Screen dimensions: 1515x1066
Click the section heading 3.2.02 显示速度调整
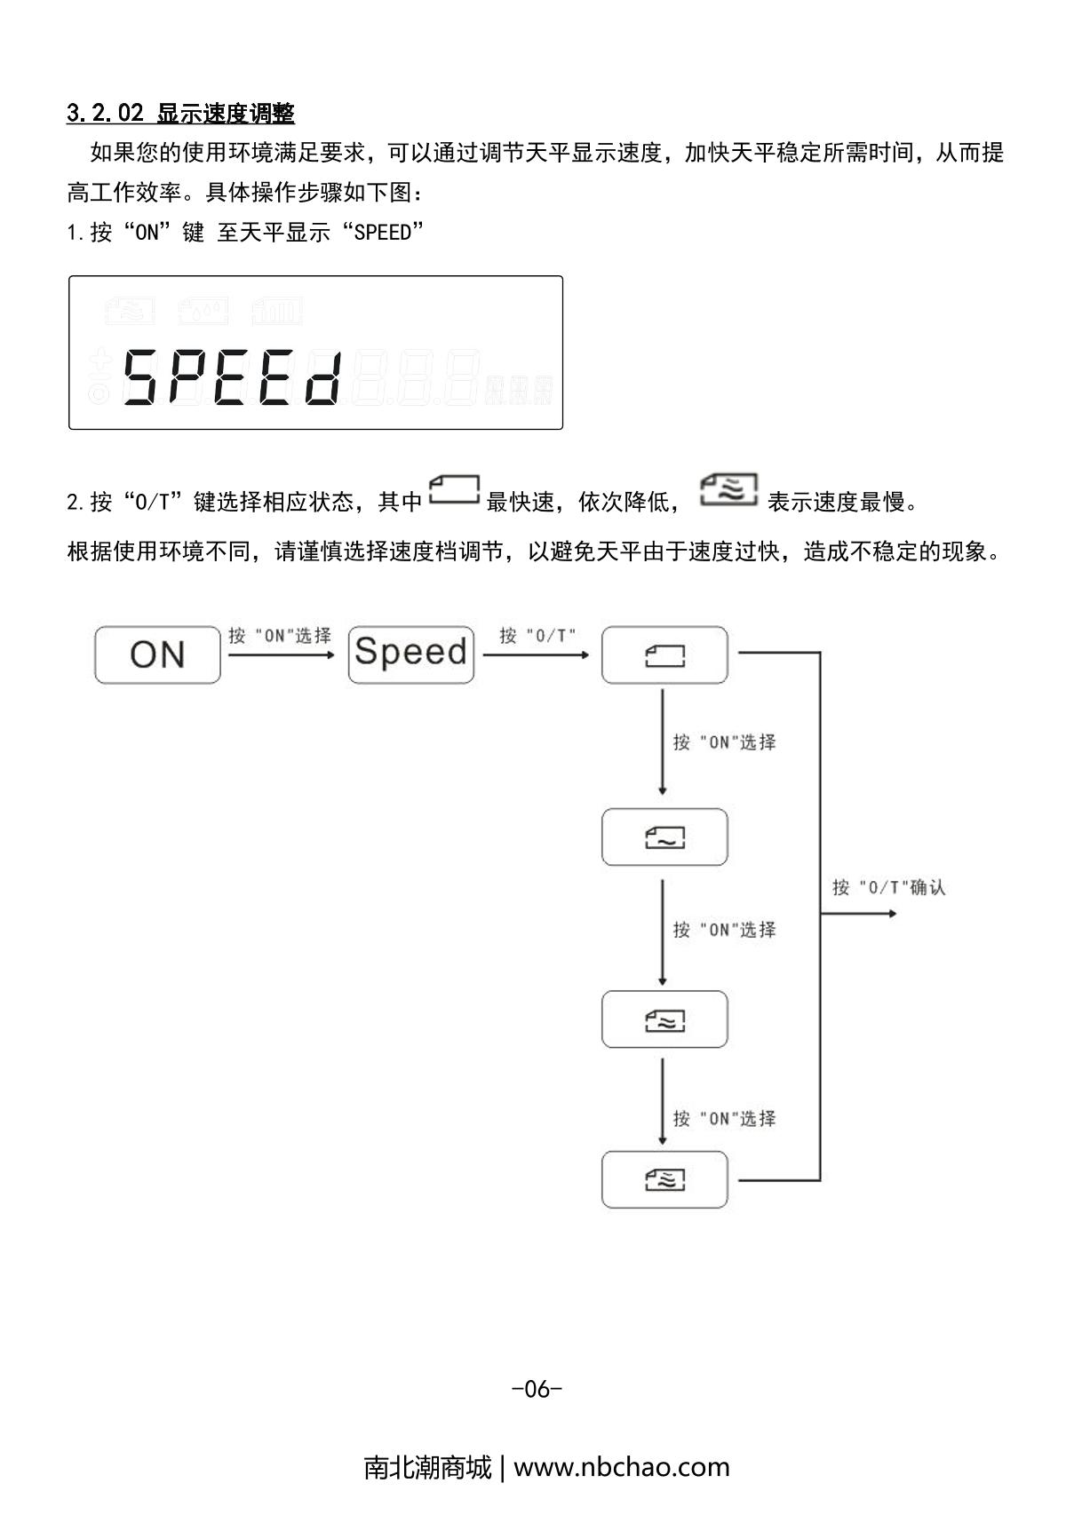pos(180,113)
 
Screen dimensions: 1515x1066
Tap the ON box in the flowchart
pos(157,654)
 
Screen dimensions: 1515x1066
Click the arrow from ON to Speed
pos(281,655)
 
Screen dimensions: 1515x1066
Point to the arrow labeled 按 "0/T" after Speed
pos(537,655)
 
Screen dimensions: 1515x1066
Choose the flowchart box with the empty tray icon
pos(664,655)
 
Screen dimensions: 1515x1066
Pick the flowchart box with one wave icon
pos(664,837)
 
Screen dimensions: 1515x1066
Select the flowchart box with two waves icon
pos(664,1019)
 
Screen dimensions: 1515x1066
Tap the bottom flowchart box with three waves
pos(664,1179)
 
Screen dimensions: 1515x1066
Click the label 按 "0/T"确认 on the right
pos(888,887)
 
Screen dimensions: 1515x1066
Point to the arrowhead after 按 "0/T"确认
pos(892,913)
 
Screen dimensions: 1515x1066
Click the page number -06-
pos(537,1389)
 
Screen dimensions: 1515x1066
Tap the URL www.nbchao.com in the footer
pos(621,1467)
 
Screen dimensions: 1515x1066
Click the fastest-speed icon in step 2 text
pos(454,491)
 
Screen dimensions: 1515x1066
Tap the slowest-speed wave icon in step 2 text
pos(729,490)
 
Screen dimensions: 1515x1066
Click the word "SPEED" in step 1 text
pos(383,233)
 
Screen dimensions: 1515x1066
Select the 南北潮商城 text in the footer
pos(427,1467)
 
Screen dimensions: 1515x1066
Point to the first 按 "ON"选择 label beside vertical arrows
pos(724,742)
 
